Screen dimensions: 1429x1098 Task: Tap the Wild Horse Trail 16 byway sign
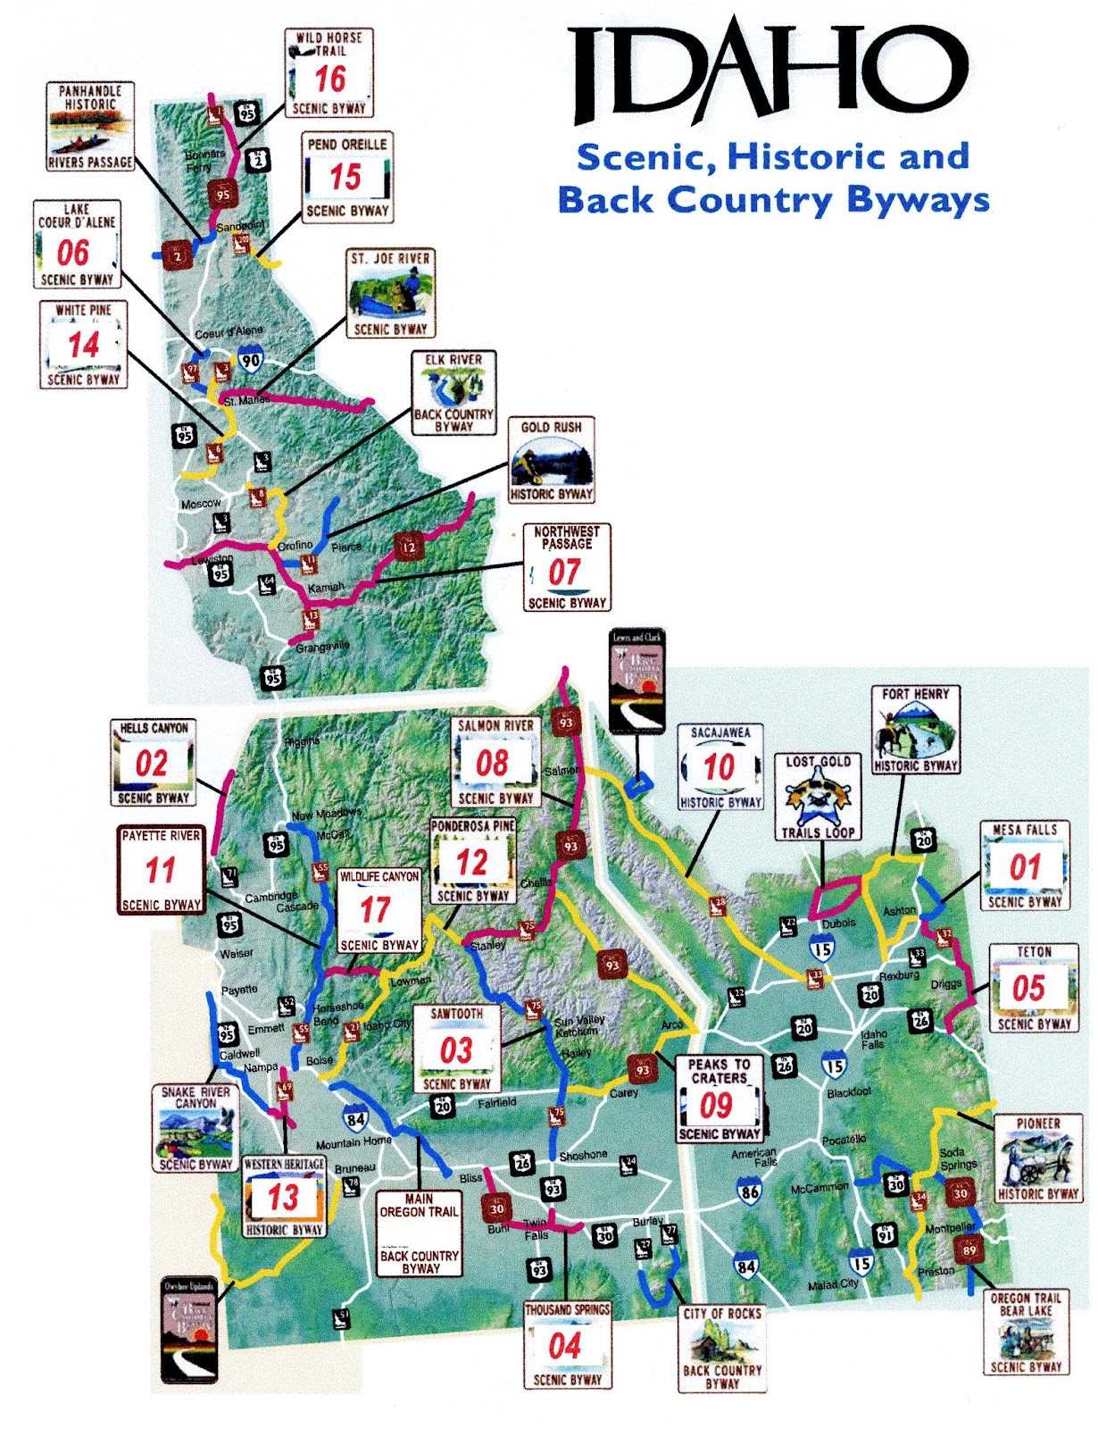tap(329, 73)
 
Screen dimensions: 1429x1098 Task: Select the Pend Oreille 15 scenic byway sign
tap(347, 177)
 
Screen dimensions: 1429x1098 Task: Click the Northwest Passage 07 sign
tap(567, 568)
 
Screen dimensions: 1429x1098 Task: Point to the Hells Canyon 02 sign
tap(153, 764)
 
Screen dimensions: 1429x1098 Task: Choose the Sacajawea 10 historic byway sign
tap(720, 767)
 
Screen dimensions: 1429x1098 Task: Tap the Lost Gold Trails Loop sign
tap(819, 797)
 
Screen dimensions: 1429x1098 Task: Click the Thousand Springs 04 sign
tap(567, 1344)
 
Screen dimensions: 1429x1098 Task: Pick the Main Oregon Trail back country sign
tap(419, 1233)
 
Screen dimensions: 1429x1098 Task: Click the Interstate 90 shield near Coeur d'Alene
tap(251, 361)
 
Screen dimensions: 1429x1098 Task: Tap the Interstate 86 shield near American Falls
tap(750, 1191)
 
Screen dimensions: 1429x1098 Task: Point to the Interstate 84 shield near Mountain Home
tap(355, 1119)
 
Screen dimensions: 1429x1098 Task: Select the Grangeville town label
tap(322, 646)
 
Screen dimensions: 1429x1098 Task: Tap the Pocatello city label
tap(844, 1140)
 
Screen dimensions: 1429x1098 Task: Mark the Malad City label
tap(833, 1284)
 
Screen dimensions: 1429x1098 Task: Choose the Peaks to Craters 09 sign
tap(719, 1099)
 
